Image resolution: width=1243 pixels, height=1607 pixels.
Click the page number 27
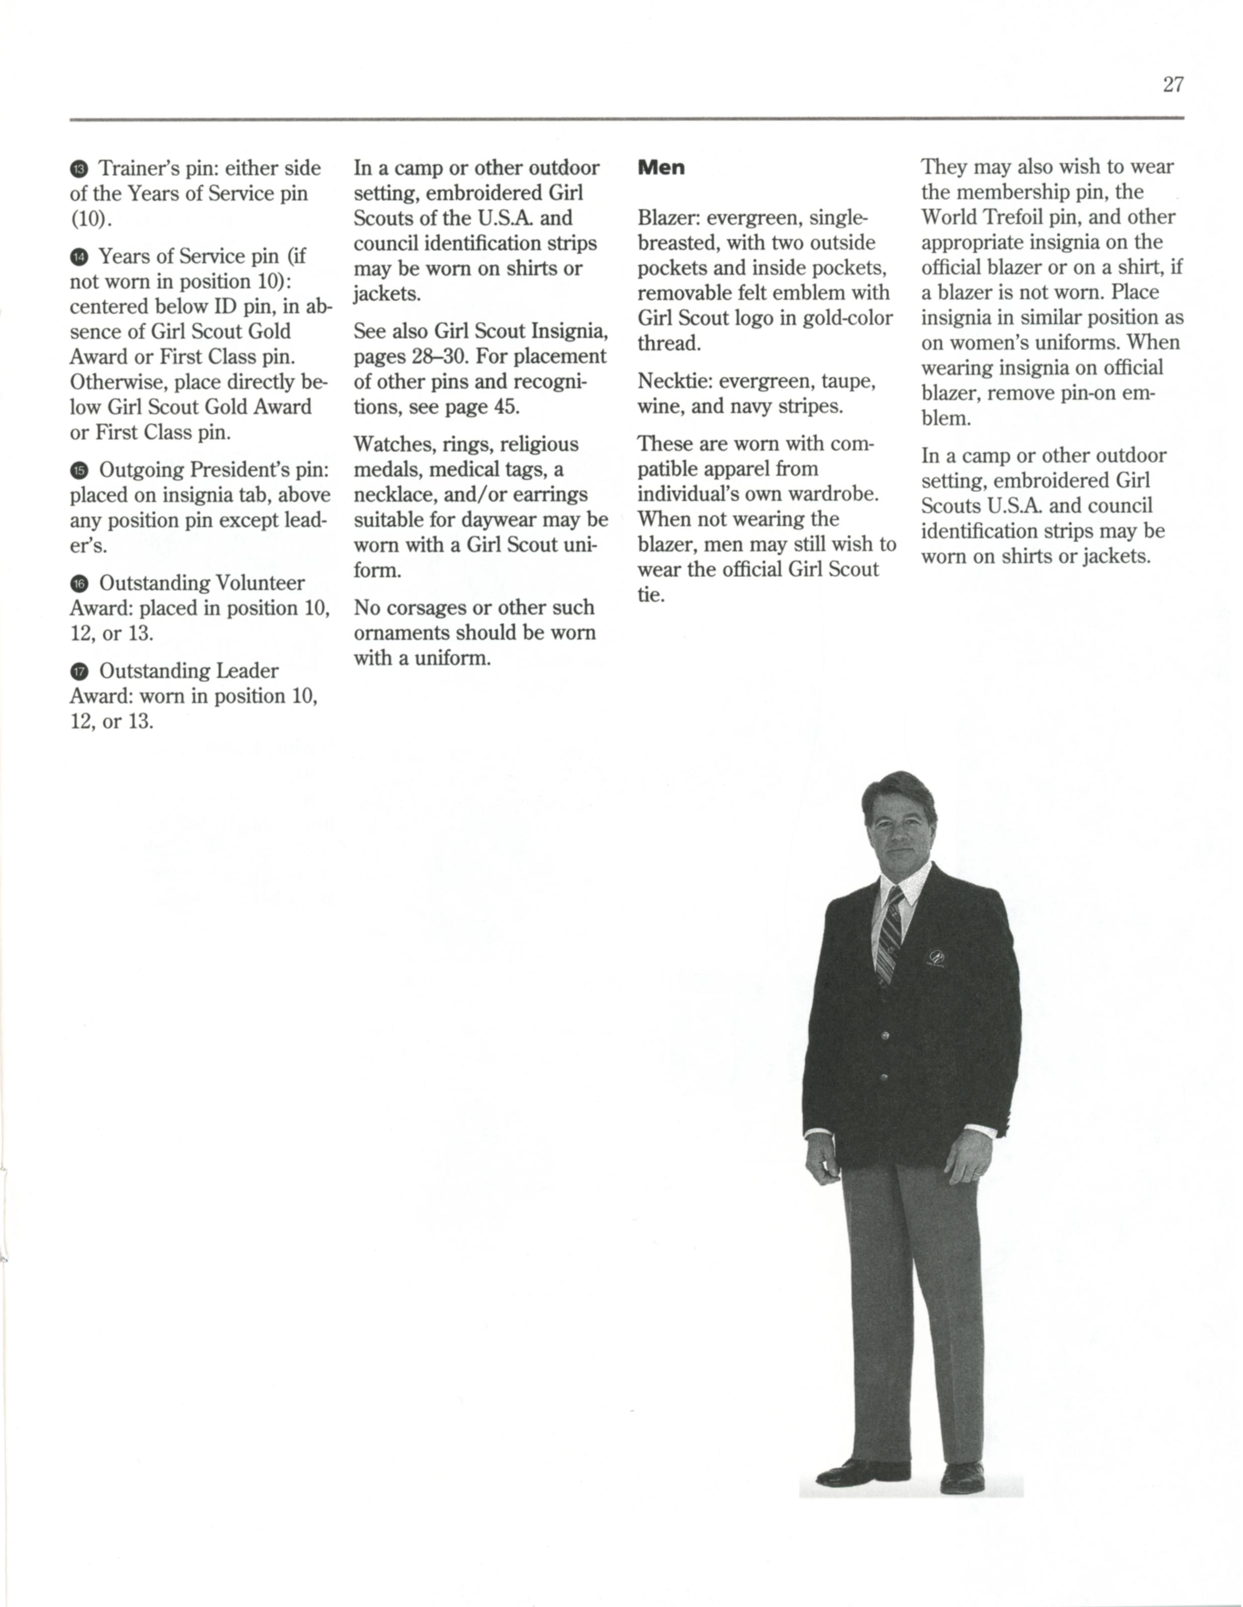tap(1173, 85)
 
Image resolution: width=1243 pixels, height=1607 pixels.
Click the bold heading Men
tap(661, 168)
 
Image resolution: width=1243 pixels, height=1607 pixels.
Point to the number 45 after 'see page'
tap(506, 407)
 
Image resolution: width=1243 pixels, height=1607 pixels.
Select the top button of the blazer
tap(885, 1036)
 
